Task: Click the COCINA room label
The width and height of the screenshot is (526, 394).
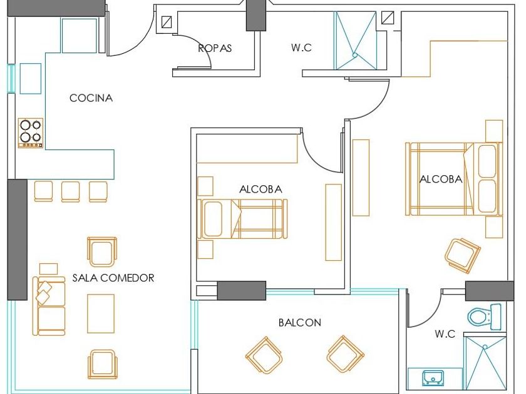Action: pos(91,98)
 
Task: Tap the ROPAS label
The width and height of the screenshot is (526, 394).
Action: pos(215,48)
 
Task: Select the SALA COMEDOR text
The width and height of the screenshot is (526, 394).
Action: pos(113,278)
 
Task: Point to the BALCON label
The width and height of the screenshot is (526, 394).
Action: pos(300,323)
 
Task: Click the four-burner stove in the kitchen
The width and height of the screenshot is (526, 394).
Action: pos(30,132)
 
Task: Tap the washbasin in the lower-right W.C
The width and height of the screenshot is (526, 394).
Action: pos(433,377)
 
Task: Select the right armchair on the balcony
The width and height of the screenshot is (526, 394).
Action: pos(345,355)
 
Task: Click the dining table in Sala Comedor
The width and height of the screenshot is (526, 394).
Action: pos(100,313)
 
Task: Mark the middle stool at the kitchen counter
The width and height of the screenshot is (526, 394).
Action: pos(71,191)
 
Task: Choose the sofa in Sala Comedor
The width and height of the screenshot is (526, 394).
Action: pos(50,306)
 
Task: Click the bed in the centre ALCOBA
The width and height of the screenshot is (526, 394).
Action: pos(242,219)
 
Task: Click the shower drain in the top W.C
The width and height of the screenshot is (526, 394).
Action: pos(355,55)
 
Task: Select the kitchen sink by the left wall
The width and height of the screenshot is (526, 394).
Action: pos(30,78)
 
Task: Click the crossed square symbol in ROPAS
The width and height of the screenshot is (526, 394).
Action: pos(167,22)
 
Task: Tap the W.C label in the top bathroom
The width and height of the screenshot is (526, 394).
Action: pos(301,48)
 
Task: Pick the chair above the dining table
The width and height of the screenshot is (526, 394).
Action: pos(101,251)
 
